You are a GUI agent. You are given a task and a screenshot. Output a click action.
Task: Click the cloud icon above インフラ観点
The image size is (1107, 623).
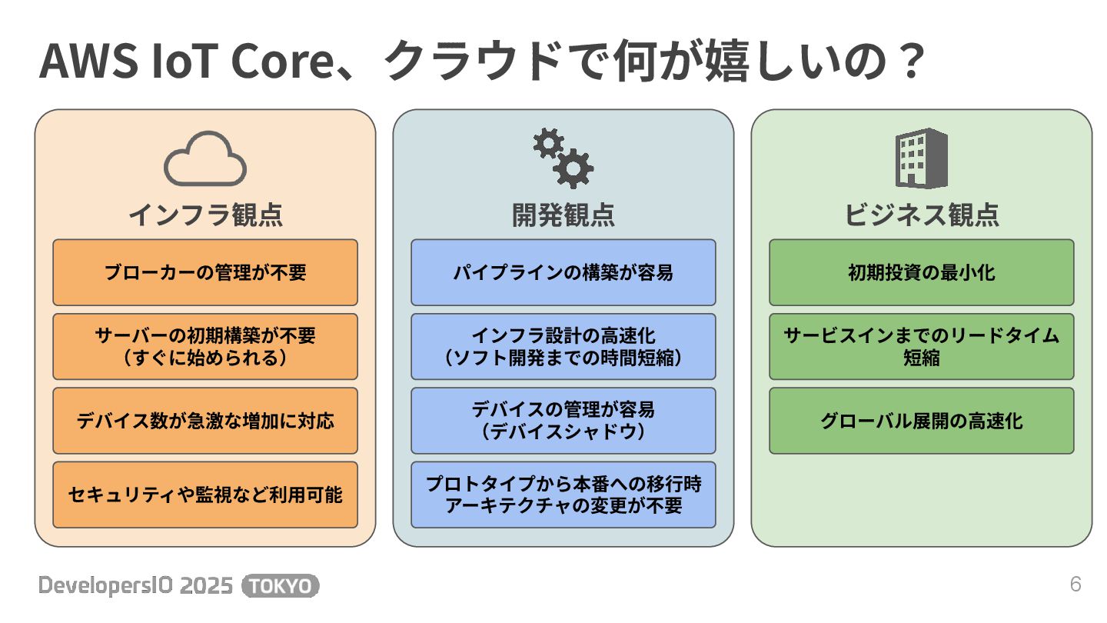point(204,159)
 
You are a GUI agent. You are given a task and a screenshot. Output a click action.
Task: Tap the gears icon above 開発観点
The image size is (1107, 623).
point(563,159)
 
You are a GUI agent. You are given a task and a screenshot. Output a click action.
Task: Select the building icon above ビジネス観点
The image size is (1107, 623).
point(921,158)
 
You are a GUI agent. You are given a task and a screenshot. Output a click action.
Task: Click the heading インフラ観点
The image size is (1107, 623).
point(205,215)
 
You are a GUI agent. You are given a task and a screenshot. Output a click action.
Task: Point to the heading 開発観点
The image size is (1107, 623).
point(563,215)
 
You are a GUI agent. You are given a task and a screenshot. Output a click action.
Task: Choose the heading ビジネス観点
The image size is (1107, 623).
point(922,215)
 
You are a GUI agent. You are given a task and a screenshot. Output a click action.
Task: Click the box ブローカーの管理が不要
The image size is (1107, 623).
point(205,272)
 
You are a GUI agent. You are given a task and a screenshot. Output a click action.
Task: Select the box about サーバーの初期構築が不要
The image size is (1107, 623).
point(205,346)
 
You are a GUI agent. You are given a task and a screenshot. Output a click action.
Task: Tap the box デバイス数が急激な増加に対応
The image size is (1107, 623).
point(205,421)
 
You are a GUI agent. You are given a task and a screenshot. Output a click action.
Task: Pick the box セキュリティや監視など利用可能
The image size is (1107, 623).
point(205,495)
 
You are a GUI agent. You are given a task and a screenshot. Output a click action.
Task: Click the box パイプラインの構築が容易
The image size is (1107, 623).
point(563,272)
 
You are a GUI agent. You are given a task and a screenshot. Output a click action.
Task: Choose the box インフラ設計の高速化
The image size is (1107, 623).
point(563,346)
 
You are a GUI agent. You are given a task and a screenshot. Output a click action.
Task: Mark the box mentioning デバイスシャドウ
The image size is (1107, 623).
point(563,421)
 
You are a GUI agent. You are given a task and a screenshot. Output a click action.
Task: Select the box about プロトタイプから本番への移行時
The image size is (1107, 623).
point(563,495)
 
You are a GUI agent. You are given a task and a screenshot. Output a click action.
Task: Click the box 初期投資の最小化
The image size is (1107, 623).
point(922,272)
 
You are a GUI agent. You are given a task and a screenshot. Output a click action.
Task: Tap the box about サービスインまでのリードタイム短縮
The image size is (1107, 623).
point(922,346)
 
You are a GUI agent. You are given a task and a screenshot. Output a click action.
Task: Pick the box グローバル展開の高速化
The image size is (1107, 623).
point(922,421)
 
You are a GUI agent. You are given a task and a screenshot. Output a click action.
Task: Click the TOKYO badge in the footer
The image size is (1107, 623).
point(281,586)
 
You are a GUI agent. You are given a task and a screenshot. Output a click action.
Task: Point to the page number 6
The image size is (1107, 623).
point(1075,585)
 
